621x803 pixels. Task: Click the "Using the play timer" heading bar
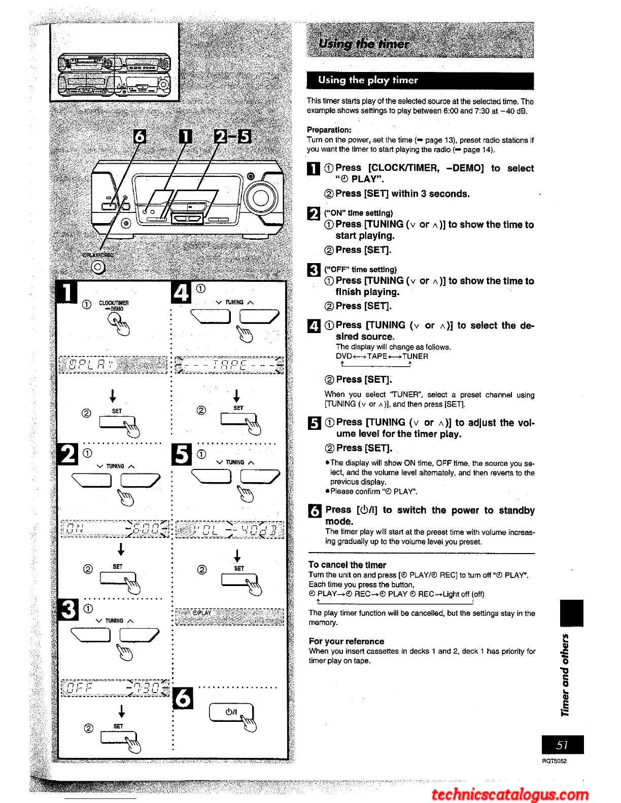click(420, 80)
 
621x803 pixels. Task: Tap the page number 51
click(562, 745)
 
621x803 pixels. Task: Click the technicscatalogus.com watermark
click(510, 794)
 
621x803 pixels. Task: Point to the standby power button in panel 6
click(231, 712)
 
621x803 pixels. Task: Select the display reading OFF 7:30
click(115, 688)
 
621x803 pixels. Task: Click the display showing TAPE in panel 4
click(229, 365)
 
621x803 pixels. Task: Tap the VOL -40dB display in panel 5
click(229, 530)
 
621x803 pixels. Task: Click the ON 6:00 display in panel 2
click(115, 530)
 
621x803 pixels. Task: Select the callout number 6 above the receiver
click(139, 136)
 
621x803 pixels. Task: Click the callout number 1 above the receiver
click(186, 136)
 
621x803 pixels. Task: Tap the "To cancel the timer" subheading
click(347, 565)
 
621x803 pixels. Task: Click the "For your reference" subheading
click(346, 641)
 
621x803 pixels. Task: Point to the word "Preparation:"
click(329, 130)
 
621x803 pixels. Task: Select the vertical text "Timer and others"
click(565, 675)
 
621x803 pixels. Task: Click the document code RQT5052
click(554, 761)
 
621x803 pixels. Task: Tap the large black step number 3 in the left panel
click(68, 609)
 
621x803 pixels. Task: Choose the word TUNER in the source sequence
click(415, 356)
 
